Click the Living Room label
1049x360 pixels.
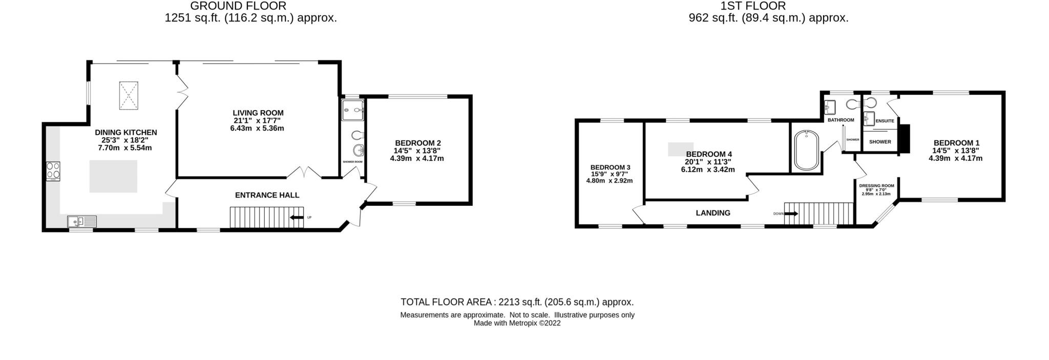(258, 113)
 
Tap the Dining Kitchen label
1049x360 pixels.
(125, 132)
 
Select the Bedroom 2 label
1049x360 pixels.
(417, 143)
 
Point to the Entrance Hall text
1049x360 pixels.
(267, 195)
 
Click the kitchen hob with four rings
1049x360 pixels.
(53, 171)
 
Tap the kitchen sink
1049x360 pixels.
(82, 221)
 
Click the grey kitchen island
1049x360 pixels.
(113, 176)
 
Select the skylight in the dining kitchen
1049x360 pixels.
(128, 95)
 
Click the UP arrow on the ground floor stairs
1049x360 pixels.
(296, 217)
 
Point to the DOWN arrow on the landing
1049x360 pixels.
(790, 214)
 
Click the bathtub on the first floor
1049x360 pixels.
(806, 150)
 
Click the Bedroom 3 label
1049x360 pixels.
(610, 167)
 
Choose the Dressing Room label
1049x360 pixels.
(876, 186)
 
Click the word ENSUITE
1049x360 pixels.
(885, 121)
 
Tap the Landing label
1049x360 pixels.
(712, 213)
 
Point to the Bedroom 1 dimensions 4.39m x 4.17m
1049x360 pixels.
(955, 158)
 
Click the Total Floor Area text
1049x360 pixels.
(517, 302)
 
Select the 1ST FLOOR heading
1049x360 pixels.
(752, 6)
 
